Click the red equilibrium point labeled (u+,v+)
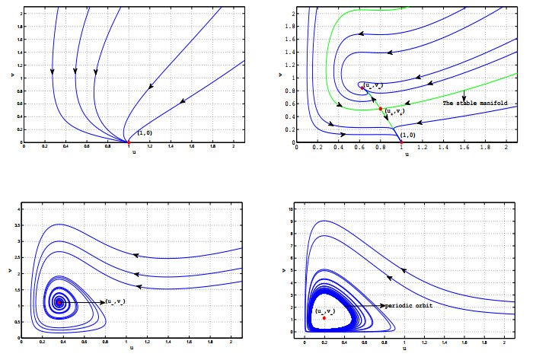[x=381, y=109]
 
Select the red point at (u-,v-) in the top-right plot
[x=362, y=87]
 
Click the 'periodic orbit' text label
[x=412, y=305]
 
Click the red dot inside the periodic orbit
[x=324, y=317]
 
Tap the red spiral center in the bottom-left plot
[x=59, y=302]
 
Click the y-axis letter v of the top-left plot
[x=11, y=75]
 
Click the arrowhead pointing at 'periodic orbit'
[x=381, y=305]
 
